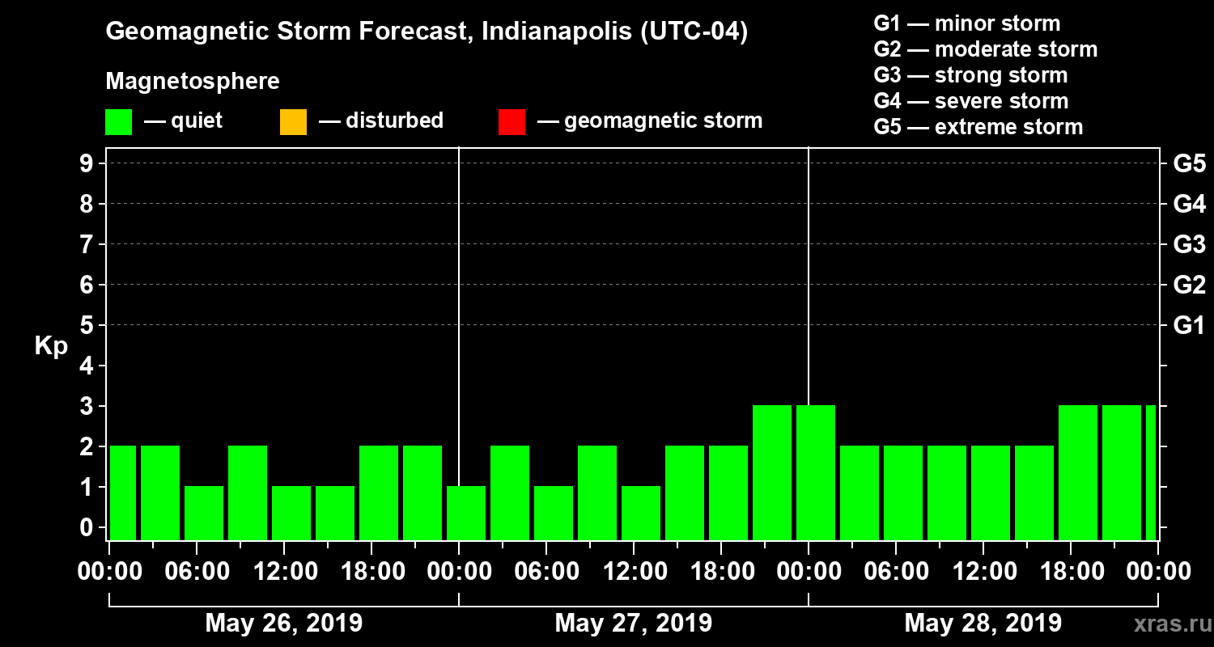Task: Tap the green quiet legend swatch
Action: (x=118, y=122)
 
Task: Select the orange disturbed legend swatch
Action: (x=293, y=122)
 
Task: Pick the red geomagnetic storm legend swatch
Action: (x=511, y=122)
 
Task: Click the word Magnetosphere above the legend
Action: (x=193, y=82)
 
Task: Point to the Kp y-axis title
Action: (x=51, y=345)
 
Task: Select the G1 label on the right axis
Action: (x=1189, y=326)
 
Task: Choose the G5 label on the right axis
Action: (x=1189, y=164)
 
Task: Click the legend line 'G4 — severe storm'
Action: (x=970, y=101)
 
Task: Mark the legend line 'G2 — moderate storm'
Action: (x=985, y=49)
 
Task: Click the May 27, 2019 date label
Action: (x=634, y=623)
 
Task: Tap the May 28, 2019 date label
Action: (x=983, y=623)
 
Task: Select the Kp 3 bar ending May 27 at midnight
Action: (x=772, y=472)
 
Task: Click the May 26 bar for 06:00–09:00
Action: (x=204, y=513)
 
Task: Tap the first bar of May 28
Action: (x=816, y=472)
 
